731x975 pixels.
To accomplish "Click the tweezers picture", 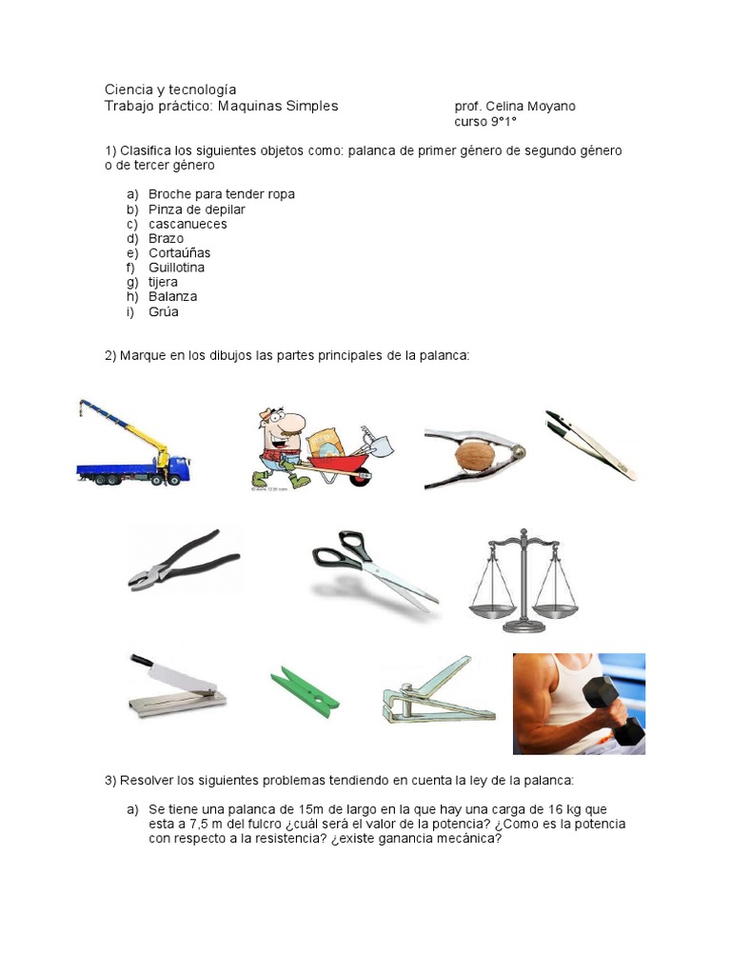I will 590,445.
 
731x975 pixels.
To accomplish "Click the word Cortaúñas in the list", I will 179,253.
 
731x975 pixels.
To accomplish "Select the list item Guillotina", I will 176,268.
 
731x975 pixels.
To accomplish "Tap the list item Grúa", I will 163,311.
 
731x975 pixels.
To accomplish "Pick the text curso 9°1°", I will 485,122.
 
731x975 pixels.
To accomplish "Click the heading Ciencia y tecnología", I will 170,89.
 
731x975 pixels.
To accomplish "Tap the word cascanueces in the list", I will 188,224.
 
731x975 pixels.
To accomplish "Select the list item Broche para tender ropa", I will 221,194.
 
